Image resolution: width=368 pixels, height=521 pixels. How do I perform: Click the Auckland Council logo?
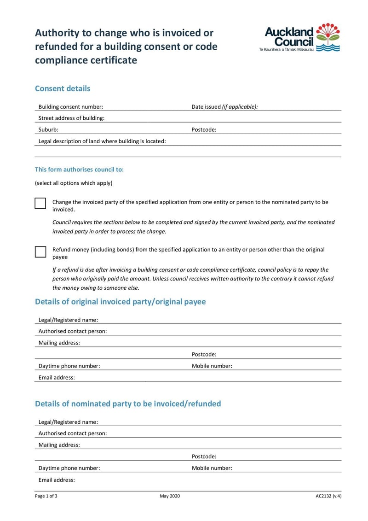point(302,37)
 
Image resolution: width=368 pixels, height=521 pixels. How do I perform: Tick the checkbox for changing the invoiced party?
point(40,204)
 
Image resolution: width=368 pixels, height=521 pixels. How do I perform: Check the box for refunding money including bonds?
point(40,252)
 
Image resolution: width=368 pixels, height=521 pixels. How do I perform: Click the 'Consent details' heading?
point(63,88)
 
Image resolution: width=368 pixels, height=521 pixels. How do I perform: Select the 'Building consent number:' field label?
point(70,107)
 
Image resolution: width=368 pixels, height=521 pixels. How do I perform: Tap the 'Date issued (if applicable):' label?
point(224,107)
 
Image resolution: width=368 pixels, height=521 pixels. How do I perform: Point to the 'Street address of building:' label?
point(71,118)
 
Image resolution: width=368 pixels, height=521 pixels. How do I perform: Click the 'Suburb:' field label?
point(48,130)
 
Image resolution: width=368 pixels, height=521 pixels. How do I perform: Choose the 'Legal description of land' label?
point(102,141)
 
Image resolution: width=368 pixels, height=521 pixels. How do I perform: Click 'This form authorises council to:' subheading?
point(80,170)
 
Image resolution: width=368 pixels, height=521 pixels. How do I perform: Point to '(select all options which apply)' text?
point(74,183)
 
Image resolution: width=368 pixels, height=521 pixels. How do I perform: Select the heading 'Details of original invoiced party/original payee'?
point(121,302)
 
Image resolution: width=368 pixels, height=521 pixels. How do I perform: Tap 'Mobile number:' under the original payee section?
point(212,366)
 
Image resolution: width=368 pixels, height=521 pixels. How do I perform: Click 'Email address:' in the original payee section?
point(57,378)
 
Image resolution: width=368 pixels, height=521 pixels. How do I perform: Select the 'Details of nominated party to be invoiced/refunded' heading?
point(128,404)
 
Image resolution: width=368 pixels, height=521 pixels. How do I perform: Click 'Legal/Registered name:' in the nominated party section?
point(68,422)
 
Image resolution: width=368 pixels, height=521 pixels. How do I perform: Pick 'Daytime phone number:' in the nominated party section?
point(69,468)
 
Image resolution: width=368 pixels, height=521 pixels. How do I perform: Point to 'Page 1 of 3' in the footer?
point(46,496)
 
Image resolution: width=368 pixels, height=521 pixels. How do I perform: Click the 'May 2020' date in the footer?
point(170,496)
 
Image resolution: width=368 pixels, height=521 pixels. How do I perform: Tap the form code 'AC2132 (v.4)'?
point(328,496)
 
